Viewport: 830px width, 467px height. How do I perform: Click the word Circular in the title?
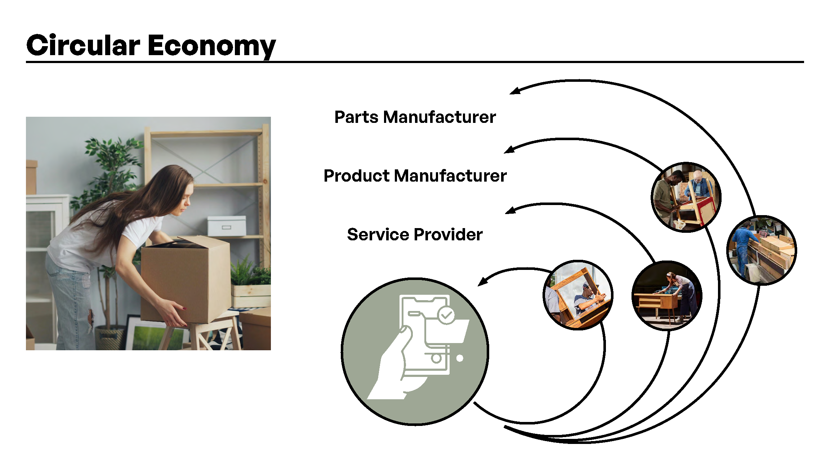pyautogui.click(x=83, y=46)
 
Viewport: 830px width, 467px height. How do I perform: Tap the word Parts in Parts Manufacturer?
pyautogui.click(x=356, y=117)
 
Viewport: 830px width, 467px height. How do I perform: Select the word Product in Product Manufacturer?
pyautogui.click(x=356, y=176)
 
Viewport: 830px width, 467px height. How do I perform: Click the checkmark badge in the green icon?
pyautogui.click(x=446, y=316)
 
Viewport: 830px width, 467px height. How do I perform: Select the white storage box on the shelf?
pyautogui.click(x=227, y=226)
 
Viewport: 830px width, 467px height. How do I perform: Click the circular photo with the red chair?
pyautogui.click(x=686, y=197)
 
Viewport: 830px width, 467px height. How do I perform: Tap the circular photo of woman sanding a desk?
pyautogui.click(x=667, y=295)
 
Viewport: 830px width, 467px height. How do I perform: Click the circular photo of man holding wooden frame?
pyautogui.click(x=578, y=295)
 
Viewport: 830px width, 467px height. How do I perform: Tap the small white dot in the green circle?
pyautogui.click(x=460, y=358)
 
